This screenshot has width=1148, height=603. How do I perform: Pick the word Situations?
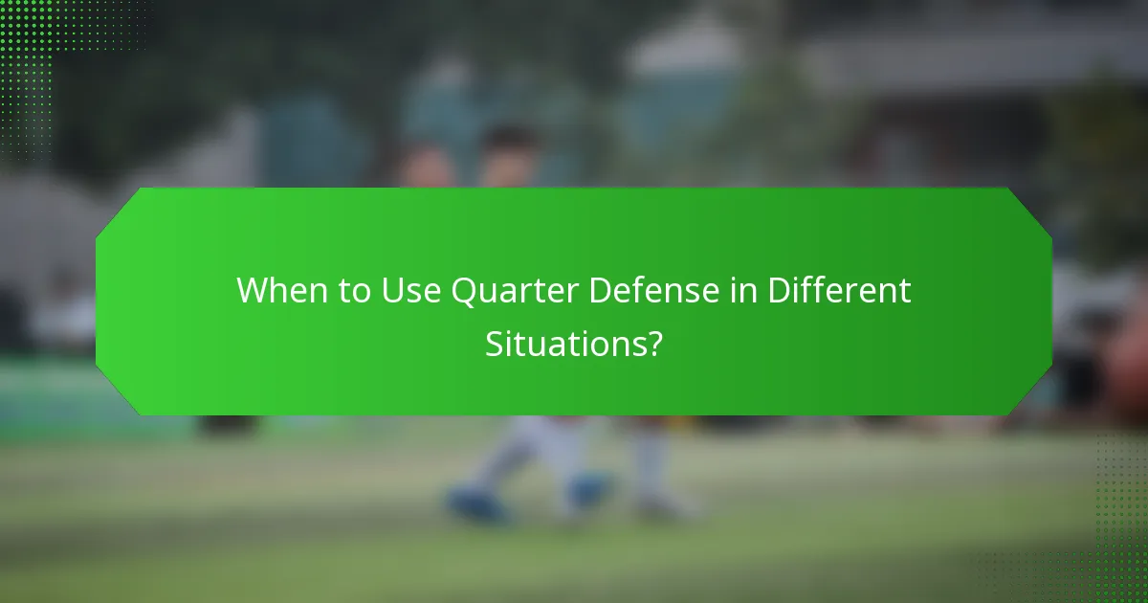562,343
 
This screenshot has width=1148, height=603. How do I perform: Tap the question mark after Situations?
654,343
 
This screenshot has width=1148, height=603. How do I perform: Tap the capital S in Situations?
494,343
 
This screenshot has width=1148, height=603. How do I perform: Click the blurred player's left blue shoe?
474,502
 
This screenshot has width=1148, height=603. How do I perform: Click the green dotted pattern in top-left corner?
38,48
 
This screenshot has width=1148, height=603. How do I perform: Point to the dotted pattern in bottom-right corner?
1119,536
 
